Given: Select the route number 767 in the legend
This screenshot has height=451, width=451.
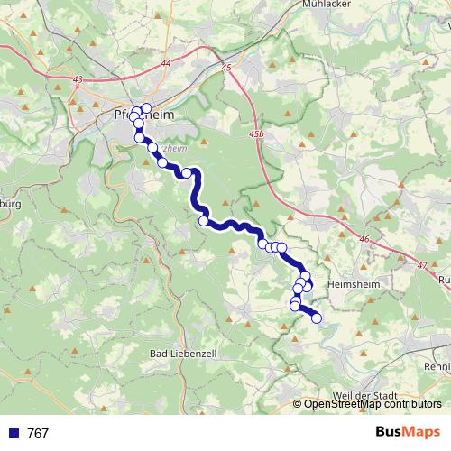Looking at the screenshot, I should coord(38,434).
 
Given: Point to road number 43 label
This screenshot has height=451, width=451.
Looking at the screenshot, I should coord(78,80).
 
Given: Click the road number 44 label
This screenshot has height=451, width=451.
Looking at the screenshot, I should coord(165,62).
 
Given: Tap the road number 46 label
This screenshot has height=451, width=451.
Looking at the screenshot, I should coord(364,238).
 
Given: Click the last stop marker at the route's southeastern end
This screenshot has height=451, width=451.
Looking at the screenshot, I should coord(316,318).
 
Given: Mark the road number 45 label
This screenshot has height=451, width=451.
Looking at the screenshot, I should coord(225,68).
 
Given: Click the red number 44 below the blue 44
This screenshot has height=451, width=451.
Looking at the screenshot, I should coord(165,71).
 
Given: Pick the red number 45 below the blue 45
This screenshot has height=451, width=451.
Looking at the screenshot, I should coord(225,77).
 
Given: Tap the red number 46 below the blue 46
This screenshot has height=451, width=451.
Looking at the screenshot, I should coord(364,246).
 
